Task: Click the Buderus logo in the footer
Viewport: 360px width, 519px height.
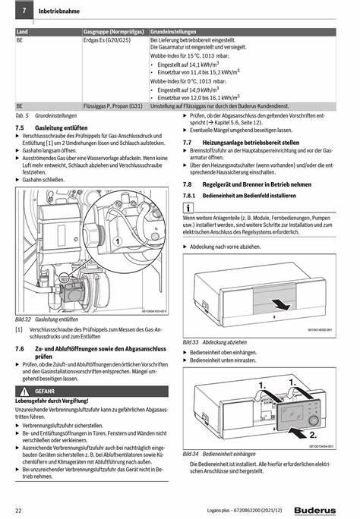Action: [314, 511]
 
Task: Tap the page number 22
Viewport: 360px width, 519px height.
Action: [18, 511]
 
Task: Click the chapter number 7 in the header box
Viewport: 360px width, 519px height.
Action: [24, 11]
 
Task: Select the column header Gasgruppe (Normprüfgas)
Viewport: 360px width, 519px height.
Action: [114, 32]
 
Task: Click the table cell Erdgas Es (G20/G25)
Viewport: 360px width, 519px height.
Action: [107, 40]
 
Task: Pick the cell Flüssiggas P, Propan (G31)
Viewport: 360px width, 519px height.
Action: [113, 106]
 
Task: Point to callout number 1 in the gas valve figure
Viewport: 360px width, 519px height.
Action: [117, 241]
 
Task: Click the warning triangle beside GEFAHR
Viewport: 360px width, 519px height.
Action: [24, 392]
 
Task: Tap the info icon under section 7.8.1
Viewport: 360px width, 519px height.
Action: [188, 208]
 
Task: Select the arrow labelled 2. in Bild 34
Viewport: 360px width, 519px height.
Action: [298, 432]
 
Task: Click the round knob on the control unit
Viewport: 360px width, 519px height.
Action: [314, 420]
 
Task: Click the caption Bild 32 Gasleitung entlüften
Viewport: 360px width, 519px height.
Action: [46, 319]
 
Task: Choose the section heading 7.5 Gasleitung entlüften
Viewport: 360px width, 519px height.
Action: [52, 128]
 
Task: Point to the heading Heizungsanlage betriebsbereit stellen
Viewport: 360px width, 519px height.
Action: [251, 143]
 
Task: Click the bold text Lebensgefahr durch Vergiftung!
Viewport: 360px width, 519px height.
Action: [52, 401]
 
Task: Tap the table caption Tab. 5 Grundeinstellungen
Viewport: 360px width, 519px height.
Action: [46, 115]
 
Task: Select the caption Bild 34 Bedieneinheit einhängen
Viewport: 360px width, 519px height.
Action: [219, 454]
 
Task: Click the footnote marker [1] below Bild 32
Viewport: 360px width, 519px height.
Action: [19, 329]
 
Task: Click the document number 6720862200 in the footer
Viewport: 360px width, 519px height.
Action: [248, 511]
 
